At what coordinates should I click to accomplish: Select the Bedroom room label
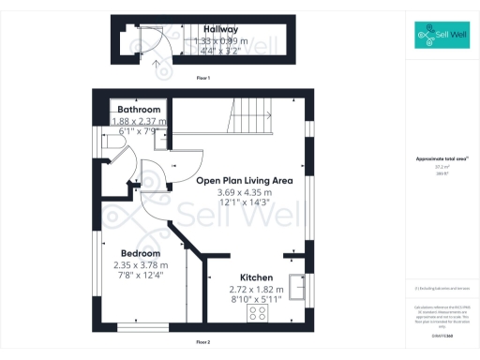coord(140,253)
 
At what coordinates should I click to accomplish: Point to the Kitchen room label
coord(256,278)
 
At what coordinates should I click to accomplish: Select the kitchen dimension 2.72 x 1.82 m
coord(256,290)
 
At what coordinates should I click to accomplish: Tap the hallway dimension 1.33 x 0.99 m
coord(221,41)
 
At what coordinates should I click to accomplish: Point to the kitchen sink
coord(299,287)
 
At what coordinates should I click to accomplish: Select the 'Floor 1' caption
coord(202,77)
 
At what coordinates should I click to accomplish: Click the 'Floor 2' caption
coord(202,340)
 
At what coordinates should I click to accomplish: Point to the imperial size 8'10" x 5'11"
coord(256,300)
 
